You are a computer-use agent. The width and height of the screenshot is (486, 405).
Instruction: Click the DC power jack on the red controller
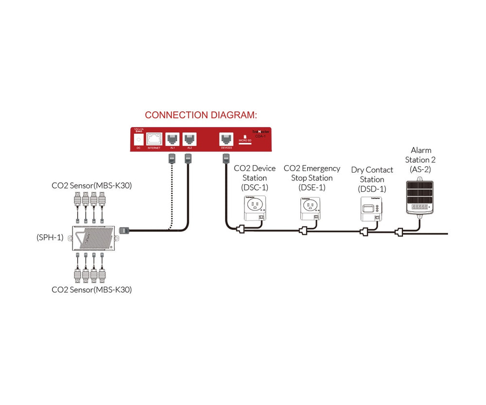(139, 139)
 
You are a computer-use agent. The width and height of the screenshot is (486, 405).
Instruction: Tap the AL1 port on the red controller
(173, 138)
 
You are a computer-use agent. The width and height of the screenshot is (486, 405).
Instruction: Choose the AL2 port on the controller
(189, 138)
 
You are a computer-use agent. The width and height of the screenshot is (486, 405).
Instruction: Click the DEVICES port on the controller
(226, 138)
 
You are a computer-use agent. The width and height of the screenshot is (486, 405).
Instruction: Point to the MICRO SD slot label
(244, 141)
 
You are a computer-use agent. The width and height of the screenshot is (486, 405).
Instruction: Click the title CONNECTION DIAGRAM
(201, 115)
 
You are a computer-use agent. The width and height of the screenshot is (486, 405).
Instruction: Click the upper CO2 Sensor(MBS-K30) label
(92, 185)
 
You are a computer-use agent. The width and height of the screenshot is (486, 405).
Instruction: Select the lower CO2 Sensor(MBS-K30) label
(92, 290)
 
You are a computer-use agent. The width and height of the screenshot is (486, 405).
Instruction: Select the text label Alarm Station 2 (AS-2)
(420, 159)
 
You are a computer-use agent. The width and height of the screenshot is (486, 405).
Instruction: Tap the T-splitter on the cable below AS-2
(400, 232)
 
